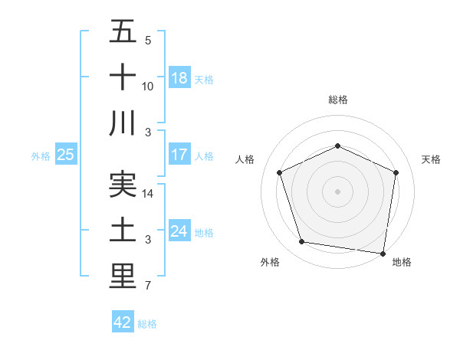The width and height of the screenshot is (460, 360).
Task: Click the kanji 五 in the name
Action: coord(123,32)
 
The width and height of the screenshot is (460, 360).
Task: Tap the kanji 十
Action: coord(123,77)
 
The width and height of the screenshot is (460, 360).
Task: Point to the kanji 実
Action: coord(123,185)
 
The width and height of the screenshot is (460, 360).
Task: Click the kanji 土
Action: coord(123,230)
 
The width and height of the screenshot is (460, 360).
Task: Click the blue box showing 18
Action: coord(179,77)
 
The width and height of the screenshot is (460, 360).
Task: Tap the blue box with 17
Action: coord(179,154)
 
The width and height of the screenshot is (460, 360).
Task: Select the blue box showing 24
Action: coord(179,231)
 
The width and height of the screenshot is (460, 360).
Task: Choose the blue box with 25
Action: coord(65,154)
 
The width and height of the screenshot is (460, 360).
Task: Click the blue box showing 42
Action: coord(123,322)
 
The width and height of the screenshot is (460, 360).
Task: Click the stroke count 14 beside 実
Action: coord(149,195)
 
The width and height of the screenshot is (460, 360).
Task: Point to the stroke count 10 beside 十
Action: coord(149,87)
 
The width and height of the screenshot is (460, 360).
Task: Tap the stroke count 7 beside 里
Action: coord(147,286)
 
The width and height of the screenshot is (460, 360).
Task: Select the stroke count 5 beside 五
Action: coord(147,41)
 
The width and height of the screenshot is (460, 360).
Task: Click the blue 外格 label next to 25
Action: coord(41,155)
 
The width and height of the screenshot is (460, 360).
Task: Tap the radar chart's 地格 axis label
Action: coord(402,262)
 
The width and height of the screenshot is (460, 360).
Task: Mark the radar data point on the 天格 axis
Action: coord(396,172)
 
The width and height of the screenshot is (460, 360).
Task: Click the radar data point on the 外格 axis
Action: coord(301,242)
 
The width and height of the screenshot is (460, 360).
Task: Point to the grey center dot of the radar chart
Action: coord(338,191)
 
